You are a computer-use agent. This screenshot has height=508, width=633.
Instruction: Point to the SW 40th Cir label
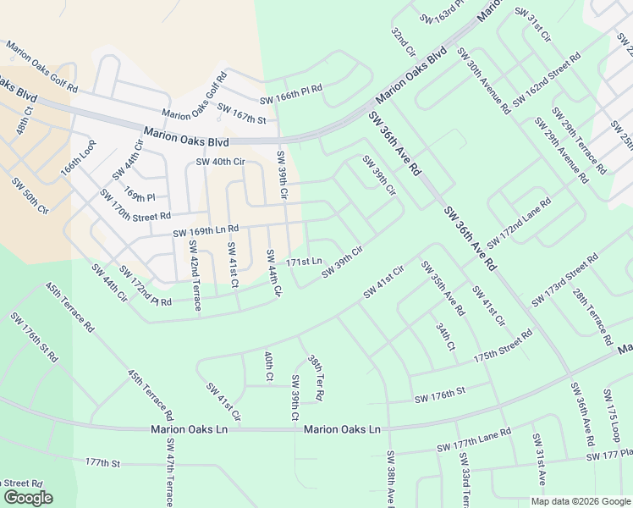[220, 162]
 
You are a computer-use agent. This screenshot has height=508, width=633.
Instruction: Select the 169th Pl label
[140, 196]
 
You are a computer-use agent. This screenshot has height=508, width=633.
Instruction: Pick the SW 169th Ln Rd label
[206, 230]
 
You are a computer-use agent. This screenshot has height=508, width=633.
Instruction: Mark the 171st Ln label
[304, 262]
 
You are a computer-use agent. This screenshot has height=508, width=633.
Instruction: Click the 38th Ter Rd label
[316, 378]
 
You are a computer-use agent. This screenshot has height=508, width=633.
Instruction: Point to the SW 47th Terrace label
[171, 472]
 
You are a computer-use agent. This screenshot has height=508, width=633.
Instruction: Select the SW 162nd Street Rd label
[546, 79]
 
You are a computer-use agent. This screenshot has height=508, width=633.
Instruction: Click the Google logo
[28, 498]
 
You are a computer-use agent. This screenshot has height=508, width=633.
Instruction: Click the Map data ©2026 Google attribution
[581, 501]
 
